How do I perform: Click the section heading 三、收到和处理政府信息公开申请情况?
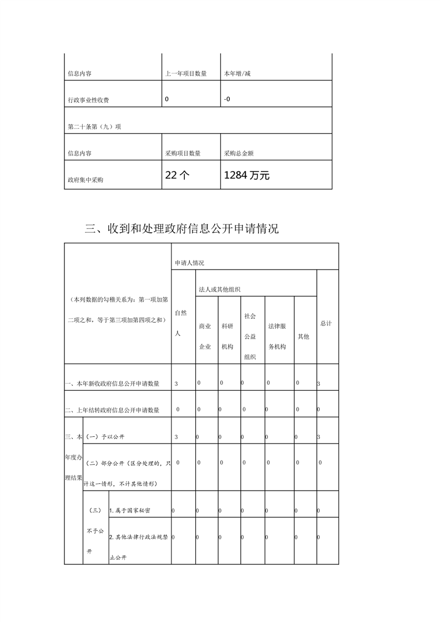pos(181,228)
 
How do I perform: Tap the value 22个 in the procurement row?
pos(178,176)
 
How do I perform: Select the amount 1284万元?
pos(246,176)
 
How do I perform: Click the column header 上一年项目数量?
pos(186,73)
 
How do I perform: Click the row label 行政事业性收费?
pos(88,100)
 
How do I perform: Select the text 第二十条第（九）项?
pos(94,126)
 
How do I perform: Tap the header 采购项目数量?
pos(183,154)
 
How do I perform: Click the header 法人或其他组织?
pos(220,289)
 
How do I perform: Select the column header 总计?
pos(326,323)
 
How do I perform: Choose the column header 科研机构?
pos(227,337)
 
